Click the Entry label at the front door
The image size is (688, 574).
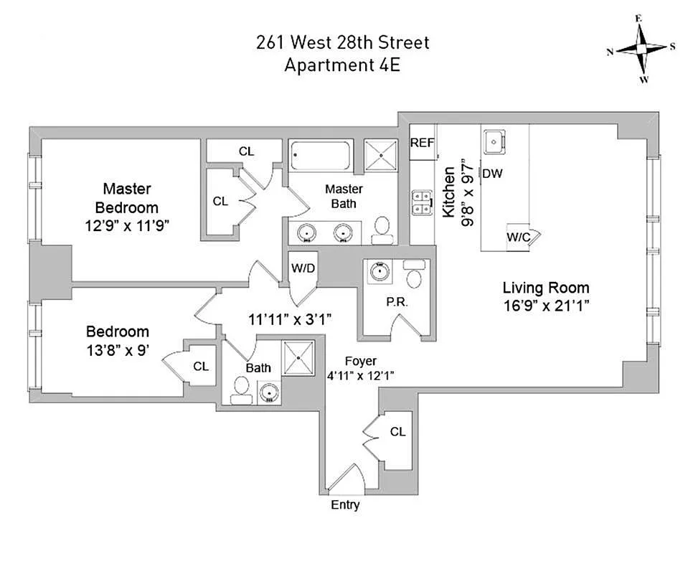(x=345, y=504)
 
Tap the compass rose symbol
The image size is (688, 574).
(x=641, y=49)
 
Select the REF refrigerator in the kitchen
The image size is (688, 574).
(x=422, y=143)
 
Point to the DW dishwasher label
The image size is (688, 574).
(x=492, y=174)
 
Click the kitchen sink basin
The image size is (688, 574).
(x=494, y=142)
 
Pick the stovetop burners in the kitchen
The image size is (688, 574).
(x=422, y=202)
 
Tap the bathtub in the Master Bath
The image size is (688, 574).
(x=320, y=156)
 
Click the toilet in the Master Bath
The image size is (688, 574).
(x=382, y=230)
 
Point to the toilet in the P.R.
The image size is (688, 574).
(x=414, y=274)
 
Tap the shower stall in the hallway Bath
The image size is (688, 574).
(x=298, y=357)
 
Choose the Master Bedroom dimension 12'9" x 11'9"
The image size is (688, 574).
(x=127, y=226)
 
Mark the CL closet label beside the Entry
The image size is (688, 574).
(x=397, y=432)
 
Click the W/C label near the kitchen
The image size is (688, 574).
(x=519, y=237)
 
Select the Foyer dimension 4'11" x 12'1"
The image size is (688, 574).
(x=360, y=376)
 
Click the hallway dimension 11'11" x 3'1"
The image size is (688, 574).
(x=290, y=319)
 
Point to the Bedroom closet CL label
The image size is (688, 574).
(x=201, y=366)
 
